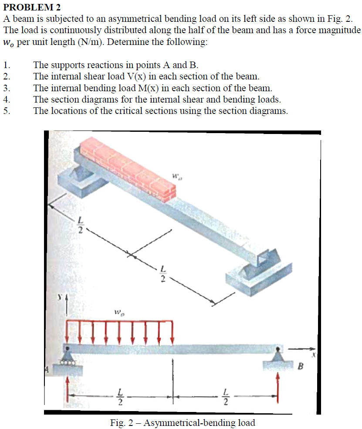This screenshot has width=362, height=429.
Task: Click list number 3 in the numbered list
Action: click(6, 88)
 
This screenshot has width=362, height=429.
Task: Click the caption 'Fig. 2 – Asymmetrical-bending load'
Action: click(183, 422)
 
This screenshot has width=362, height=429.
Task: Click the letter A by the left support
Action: click(46, 370)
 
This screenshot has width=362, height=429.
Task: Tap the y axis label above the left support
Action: click(61, 297)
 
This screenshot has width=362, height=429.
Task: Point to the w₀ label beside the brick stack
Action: click(176, 177)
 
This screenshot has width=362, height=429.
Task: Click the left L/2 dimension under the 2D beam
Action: click(121, 396)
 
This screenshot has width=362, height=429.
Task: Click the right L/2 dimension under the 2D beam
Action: click(225, 396)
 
